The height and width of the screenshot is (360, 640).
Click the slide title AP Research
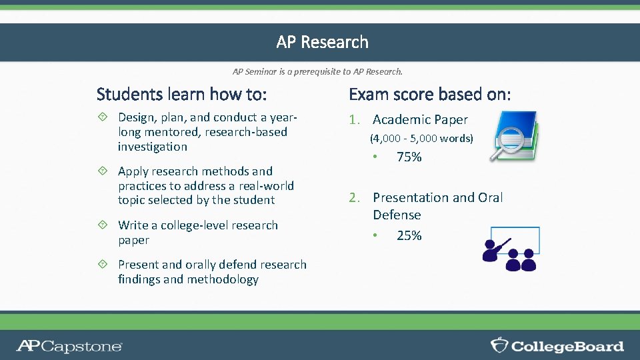coord(322,42)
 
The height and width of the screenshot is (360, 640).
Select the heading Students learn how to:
coord(181,94)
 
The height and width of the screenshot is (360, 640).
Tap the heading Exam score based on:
coord(430,94)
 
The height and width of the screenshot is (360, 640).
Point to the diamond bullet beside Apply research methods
coord(102,171)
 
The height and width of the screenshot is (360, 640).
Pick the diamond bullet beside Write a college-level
coord(102,225)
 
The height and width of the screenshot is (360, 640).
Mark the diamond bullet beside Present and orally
coord(102,265)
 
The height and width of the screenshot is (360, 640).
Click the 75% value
coord(409,157)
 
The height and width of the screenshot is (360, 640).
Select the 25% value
coord(409,236)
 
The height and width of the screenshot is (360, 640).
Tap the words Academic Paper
coord(420,120)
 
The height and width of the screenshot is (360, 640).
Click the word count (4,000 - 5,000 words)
coord(421,139)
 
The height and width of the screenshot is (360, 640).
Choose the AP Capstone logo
coord(69,345)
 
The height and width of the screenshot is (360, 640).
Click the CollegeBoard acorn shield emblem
coord(499,345)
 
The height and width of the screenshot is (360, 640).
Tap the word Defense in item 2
coord(397,215)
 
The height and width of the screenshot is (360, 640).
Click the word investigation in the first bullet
coord(153,147)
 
